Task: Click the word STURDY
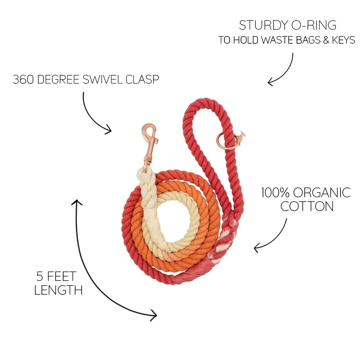[x=262, y=25]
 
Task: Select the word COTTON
[x=307, y=206]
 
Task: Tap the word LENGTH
[x=58, y=290]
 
